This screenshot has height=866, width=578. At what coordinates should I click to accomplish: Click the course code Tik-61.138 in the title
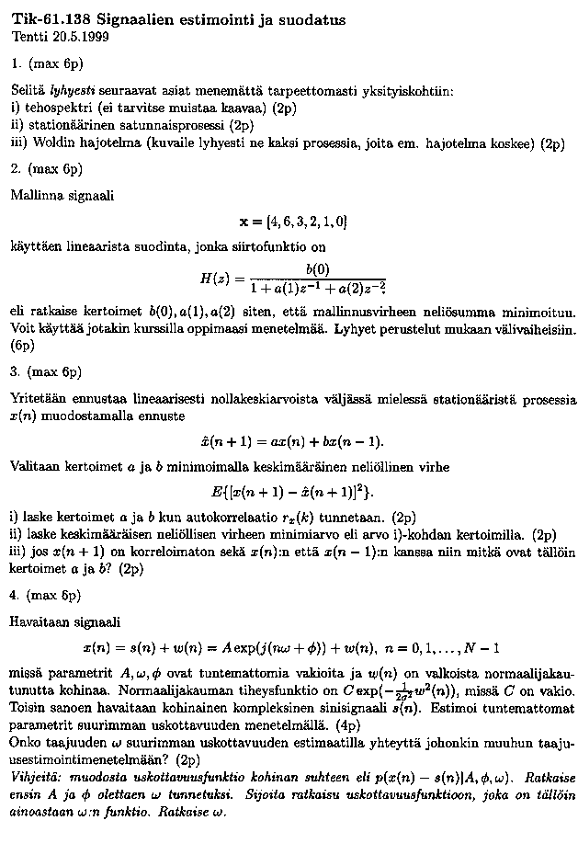coord(51,19)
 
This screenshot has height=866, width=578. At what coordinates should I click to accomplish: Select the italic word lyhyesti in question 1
coord(75,92)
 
